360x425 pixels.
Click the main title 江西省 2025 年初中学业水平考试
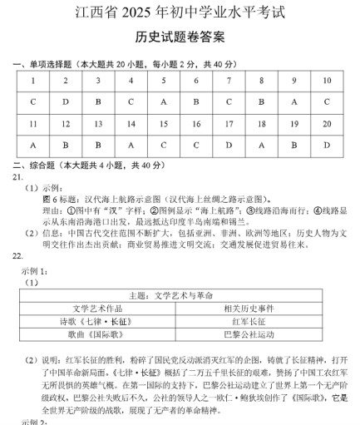point(179,13)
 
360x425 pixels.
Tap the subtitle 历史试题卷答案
point(179,38)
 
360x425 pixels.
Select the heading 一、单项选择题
point(50,64)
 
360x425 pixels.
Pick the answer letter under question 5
point(163,101)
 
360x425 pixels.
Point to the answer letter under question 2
point(65,101)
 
